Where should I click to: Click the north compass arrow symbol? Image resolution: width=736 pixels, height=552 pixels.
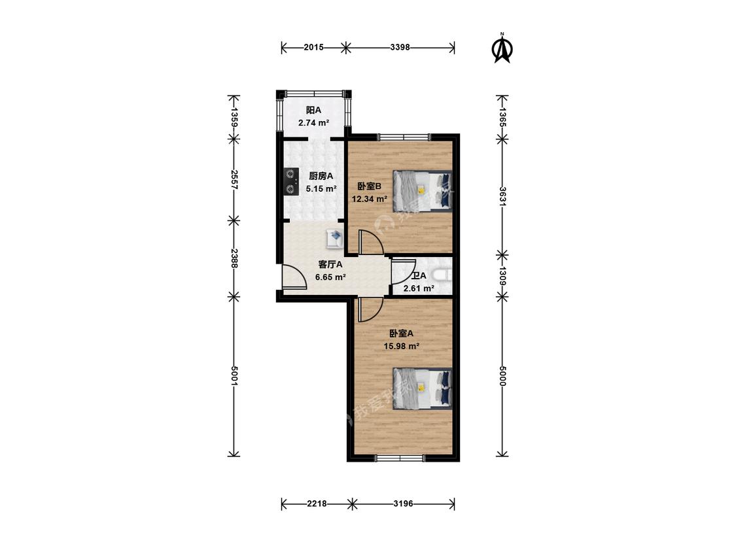coord(502,48)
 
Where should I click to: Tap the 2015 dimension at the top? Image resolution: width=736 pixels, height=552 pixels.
coord(313,47)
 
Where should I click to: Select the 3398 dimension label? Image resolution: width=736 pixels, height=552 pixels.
coord(400,47)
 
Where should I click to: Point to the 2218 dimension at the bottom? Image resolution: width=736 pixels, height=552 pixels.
coord(317,504)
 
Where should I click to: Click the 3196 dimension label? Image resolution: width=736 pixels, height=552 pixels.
coord(403,504)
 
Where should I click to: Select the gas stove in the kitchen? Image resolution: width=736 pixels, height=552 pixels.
coord(292,182)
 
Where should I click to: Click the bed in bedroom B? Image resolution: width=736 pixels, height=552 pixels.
coord(422,191)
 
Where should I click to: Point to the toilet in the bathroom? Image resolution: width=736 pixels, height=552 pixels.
coord(442,275)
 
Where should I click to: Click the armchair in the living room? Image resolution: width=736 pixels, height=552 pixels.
coord(335,239)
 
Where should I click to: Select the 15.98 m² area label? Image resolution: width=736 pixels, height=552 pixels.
coord(401,347)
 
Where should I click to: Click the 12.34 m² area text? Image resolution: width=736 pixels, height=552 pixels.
coord(370,199)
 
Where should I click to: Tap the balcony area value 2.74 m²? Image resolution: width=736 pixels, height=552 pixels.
coord(313,123)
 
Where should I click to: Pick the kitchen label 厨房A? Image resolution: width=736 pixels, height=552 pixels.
coord(321,176)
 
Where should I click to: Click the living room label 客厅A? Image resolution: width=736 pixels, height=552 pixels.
coord(330,264)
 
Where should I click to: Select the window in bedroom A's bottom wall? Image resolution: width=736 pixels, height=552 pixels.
coord(400,458)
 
